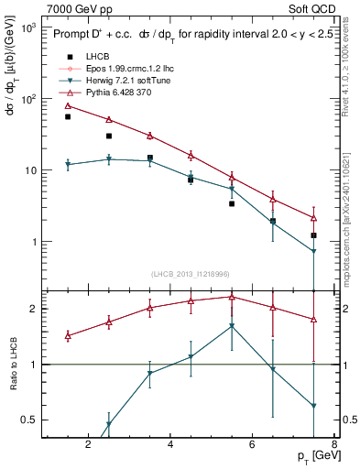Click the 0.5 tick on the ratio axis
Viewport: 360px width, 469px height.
click(x=29, y=420)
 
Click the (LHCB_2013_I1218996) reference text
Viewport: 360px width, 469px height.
click(x=191, y=274)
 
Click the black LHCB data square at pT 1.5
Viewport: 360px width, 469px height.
click(x=68, y=117)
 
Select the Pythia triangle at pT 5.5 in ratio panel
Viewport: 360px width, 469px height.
click(x=232, y=297)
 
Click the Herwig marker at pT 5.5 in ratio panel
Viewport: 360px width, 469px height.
click(x=232, y=326)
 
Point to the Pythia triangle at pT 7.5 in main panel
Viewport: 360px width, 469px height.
click(x=314, y=218)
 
